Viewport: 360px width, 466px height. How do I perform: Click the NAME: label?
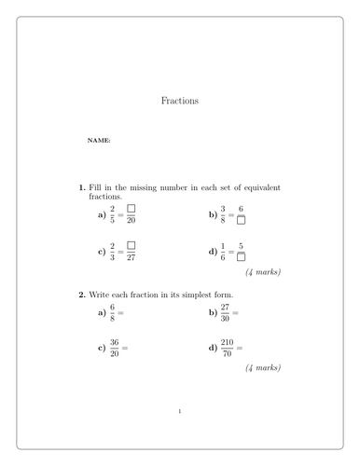pyautogui.click(x=99, y=141)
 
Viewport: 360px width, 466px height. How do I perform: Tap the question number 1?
pyautogui.click(x=82, y=187)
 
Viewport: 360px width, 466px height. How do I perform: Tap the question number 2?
pyautogui.click(x=82, y=295)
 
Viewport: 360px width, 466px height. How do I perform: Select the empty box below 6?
pyautogui.click(x=242, y=221)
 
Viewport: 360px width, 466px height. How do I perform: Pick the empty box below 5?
pyautogui.click(x=242, y=257)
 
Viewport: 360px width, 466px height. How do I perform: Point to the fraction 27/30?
pyautogui.click(x=227, y=313)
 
